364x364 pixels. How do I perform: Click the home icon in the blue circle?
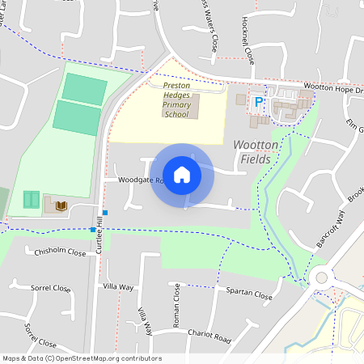pyautogui.click(x=182, y=174)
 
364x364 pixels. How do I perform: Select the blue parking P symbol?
pyautogui.click(x=259, y=102)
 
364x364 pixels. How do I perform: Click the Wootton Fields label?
pyautogui.click(x=257, y=152)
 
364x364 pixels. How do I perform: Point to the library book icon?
pyautogui.click(x=60, y=206)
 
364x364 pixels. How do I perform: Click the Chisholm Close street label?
pyautogui.click(x=60, y=252)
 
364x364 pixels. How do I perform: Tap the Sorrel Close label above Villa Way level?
pyautogui.click(x=51, y=288)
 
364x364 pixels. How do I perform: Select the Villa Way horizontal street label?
pyautogui.click(x=119, y=287)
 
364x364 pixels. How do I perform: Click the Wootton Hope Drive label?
pyautogui.click(x=333, y=87)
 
